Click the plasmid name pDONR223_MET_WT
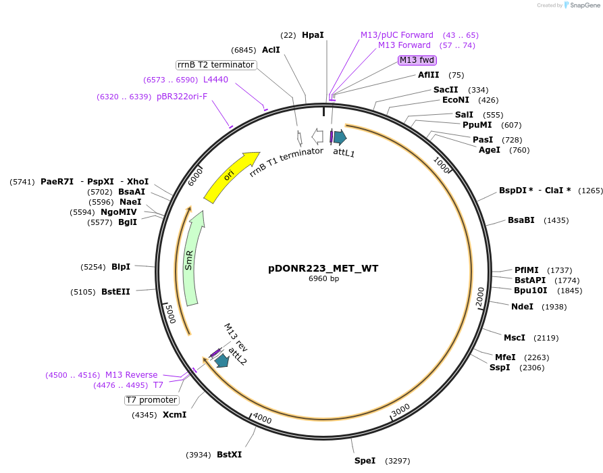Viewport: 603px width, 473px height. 323,268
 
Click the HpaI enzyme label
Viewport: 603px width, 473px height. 313,34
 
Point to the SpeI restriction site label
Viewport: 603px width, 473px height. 365,461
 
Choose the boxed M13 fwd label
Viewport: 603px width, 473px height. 417,59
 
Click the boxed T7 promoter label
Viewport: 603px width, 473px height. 152,400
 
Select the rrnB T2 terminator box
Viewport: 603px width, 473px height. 215,65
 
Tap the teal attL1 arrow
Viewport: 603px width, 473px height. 340,137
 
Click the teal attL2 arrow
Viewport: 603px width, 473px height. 221,361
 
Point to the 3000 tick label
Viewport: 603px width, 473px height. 400,409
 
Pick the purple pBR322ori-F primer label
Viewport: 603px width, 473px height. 182,97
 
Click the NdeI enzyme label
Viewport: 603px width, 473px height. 522,306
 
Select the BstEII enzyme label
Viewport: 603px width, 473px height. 115,292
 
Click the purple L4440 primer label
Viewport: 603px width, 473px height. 215,80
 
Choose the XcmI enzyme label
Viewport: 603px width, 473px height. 174,414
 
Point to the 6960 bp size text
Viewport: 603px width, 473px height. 323,278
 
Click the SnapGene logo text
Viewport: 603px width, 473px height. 585,5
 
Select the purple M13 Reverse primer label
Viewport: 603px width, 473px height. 131,375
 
